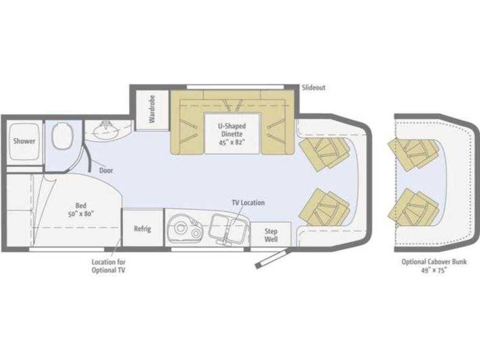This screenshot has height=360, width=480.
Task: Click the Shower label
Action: click(24, 141)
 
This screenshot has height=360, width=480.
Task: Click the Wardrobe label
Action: click(152, 109)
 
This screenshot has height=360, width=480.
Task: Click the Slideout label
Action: click(314, 88)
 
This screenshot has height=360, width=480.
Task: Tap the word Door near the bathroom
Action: click(106, 171)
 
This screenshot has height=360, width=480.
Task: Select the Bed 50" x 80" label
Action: click(81, 210)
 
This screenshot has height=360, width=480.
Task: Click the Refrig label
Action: click(142, 229)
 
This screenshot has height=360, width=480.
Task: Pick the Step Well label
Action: click(271, 235)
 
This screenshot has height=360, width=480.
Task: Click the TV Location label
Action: click(248, 202)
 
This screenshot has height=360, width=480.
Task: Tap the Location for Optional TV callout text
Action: click(108, 266)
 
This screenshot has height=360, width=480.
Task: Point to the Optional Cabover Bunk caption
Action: click(434, 266)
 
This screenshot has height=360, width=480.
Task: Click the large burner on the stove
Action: click(180, 228)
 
